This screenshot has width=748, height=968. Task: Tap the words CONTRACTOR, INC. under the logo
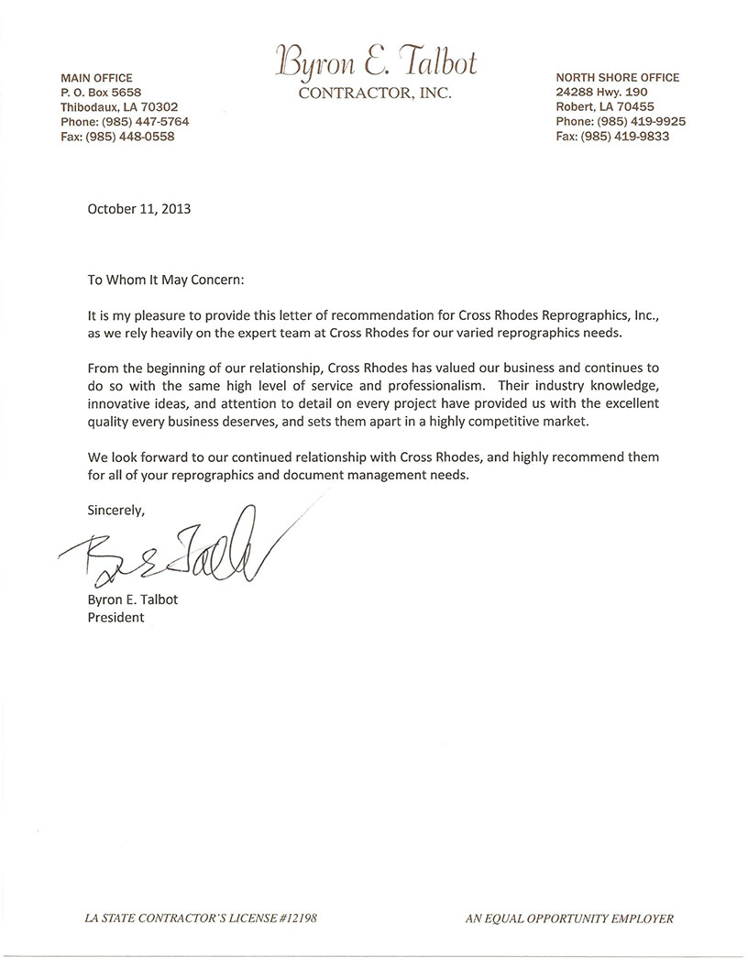376,93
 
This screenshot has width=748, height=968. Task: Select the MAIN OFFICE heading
96,78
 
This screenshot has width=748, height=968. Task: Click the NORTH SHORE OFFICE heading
617,78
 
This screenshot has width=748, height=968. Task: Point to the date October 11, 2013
139,208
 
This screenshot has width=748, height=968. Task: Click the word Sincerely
115,508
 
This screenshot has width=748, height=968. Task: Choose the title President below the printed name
115,617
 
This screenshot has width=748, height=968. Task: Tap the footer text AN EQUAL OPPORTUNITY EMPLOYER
569,918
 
